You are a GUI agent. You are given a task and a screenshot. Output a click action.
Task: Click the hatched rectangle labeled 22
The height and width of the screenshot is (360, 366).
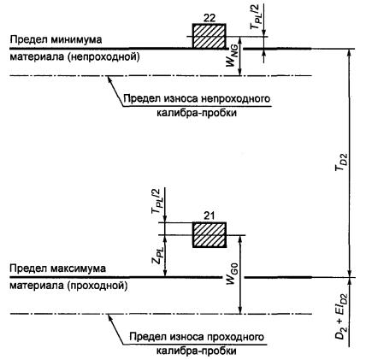(210, 36)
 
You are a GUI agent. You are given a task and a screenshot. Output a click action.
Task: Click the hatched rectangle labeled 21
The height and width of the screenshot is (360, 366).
(210, 234)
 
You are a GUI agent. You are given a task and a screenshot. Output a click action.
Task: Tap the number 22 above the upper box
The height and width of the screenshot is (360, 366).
(210, 18)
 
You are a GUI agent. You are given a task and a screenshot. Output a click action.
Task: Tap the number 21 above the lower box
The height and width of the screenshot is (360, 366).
(210, 216)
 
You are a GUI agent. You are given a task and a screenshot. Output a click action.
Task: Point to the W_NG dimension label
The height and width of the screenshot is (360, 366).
(232, 57)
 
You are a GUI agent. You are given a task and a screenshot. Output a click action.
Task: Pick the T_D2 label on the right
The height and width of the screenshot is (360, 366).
(341, 162)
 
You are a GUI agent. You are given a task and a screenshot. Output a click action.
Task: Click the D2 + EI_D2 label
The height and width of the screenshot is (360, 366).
(341, 316)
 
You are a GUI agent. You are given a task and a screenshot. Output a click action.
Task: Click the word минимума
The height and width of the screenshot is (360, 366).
(76, 39)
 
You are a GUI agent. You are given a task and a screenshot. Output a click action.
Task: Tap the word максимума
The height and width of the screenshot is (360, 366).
(79, 269)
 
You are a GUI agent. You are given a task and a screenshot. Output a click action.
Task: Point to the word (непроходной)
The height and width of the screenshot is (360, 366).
(103, 57)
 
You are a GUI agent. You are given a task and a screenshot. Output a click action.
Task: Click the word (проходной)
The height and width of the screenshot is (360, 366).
(97, 286)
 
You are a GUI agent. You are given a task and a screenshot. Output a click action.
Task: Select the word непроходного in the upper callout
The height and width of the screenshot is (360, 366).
(235, 99)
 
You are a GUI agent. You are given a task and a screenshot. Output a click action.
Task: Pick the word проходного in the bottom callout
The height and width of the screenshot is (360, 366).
(235, 337)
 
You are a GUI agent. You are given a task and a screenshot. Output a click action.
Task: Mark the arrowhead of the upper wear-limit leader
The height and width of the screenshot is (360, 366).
(109, 78)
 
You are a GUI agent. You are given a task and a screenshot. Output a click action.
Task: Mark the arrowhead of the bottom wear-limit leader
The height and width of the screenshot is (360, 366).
(109, 316)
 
